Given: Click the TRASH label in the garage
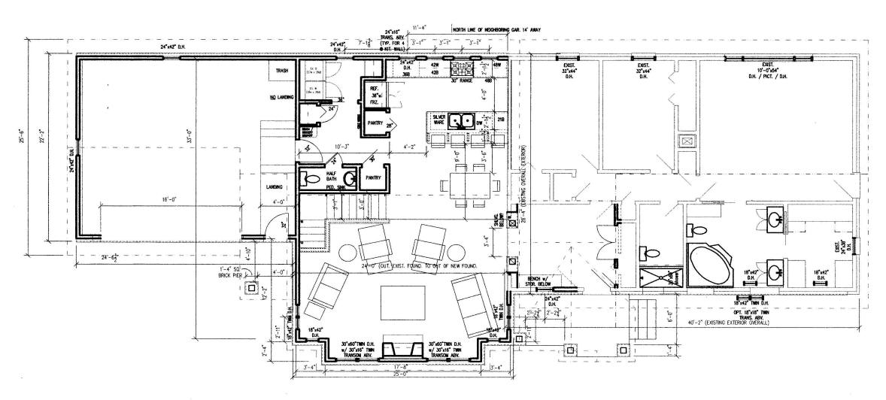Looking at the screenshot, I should [x=282, y=71].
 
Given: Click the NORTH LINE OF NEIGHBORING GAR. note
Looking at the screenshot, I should [x=496, y=29].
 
